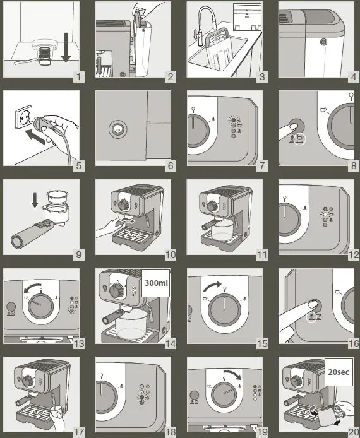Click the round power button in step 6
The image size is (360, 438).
point(118,129)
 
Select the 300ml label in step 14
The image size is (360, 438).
point(156,283)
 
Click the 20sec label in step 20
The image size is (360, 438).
point(339,372)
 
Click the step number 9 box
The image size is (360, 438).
point(78,254)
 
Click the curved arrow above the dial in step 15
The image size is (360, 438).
point(212,287)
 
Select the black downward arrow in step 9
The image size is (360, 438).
point(35,201)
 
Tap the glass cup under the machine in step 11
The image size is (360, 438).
point(222,228)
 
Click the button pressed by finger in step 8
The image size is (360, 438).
point(297,126)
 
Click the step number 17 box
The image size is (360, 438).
point(78,432)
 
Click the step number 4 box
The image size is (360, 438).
point(354,76)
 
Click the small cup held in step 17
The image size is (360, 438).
point(56,411)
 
